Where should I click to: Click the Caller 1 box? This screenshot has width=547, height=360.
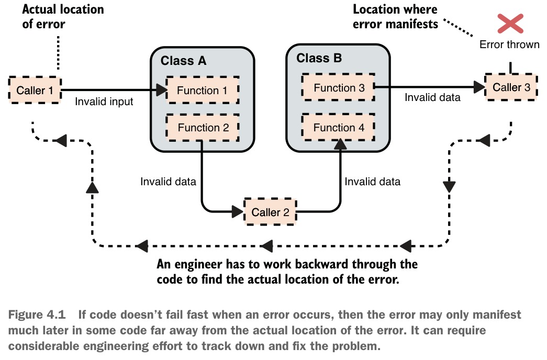point(35,90)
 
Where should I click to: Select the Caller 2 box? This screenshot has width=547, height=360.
point(270,212)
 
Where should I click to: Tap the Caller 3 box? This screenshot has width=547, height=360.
point(511,87)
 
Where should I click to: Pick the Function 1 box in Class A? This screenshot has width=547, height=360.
point(203,90)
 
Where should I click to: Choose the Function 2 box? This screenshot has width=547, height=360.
point(203,127)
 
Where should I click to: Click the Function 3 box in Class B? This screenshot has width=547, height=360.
point(338,87)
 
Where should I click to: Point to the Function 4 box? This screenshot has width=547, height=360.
point(338,127)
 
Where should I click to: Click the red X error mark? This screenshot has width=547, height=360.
point(510,24)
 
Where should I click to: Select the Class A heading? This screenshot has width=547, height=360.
point(184,61)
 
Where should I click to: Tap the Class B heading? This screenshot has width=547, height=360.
point(319,58)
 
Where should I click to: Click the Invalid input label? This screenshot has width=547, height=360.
point(104,102)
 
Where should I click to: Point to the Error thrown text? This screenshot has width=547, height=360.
point(509,44)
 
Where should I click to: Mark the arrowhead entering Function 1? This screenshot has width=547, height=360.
point(162,90)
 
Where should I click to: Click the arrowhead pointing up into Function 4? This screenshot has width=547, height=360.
point(340,144)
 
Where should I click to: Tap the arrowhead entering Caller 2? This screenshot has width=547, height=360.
point(238,211)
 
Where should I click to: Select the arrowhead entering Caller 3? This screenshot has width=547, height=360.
point(479,87)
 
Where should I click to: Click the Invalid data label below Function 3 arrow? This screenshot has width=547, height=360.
point(432,97)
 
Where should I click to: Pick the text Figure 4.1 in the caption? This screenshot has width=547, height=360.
point(37,314)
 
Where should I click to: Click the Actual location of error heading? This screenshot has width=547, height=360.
point(63,17)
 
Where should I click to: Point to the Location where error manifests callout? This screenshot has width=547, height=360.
point(395,17)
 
